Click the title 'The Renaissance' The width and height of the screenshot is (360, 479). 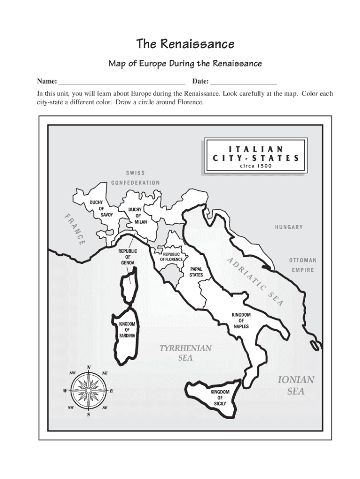click(185, 44)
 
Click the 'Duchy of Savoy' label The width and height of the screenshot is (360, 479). click(101, 209)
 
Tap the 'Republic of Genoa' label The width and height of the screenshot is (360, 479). click(128, 257)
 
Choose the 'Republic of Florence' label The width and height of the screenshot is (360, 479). click(172, 257)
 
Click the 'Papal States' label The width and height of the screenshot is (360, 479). click(196, 272)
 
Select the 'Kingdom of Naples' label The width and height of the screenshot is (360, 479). click(241, 320)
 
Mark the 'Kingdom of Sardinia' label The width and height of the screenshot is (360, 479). click(127, 330)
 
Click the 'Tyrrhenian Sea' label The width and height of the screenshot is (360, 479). click(186, 353)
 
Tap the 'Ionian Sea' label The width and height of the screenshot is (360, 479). click(295, 385)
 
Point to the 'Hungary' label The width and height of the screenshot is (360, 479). click(288, 227)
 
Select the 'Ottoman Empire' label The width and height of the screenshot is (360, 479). click(302, 265)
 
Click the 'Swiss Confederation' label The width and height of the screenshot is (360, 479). click(136, 178)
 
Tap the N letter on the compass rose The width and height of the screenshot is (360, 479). click(89, 367)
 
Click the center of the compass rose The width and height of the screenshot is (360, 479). click(89, 390)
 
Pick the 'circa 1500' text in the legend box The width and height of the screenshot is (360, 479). click(255, 166)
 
